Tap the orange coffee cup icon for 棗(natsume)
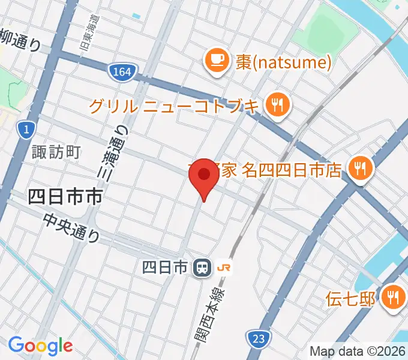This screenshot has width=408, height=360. coord(215,61)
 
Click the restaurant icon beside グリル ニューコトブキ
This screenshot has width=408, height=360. coord(277,106)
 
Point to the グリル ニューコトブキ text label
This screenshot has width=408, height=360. coord(175,107)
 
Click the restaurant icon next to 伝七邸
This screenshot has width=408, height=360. coord(395,296)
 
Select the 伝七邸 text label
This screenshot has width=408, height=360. coord(350,298)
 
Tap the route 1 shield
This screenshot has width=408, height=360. coord(25,128)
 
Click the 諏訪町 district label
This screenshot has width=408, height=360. coord(56,152)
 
